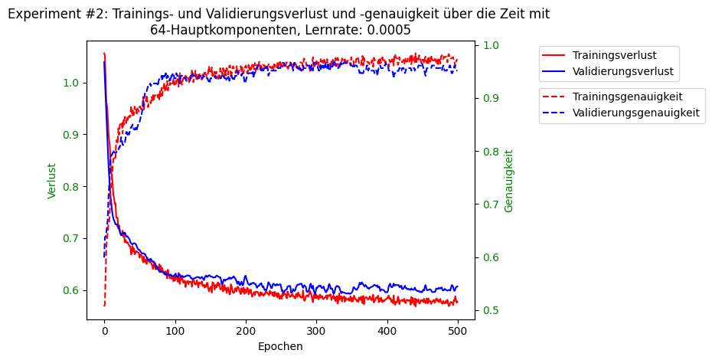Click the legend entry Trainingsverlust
(614, 55)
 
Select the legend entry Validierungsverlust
(622, 72)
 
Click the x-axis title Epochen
(280, 346)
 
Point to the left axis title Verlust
(52, 181)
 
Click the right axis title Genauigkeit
(509, 181)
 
